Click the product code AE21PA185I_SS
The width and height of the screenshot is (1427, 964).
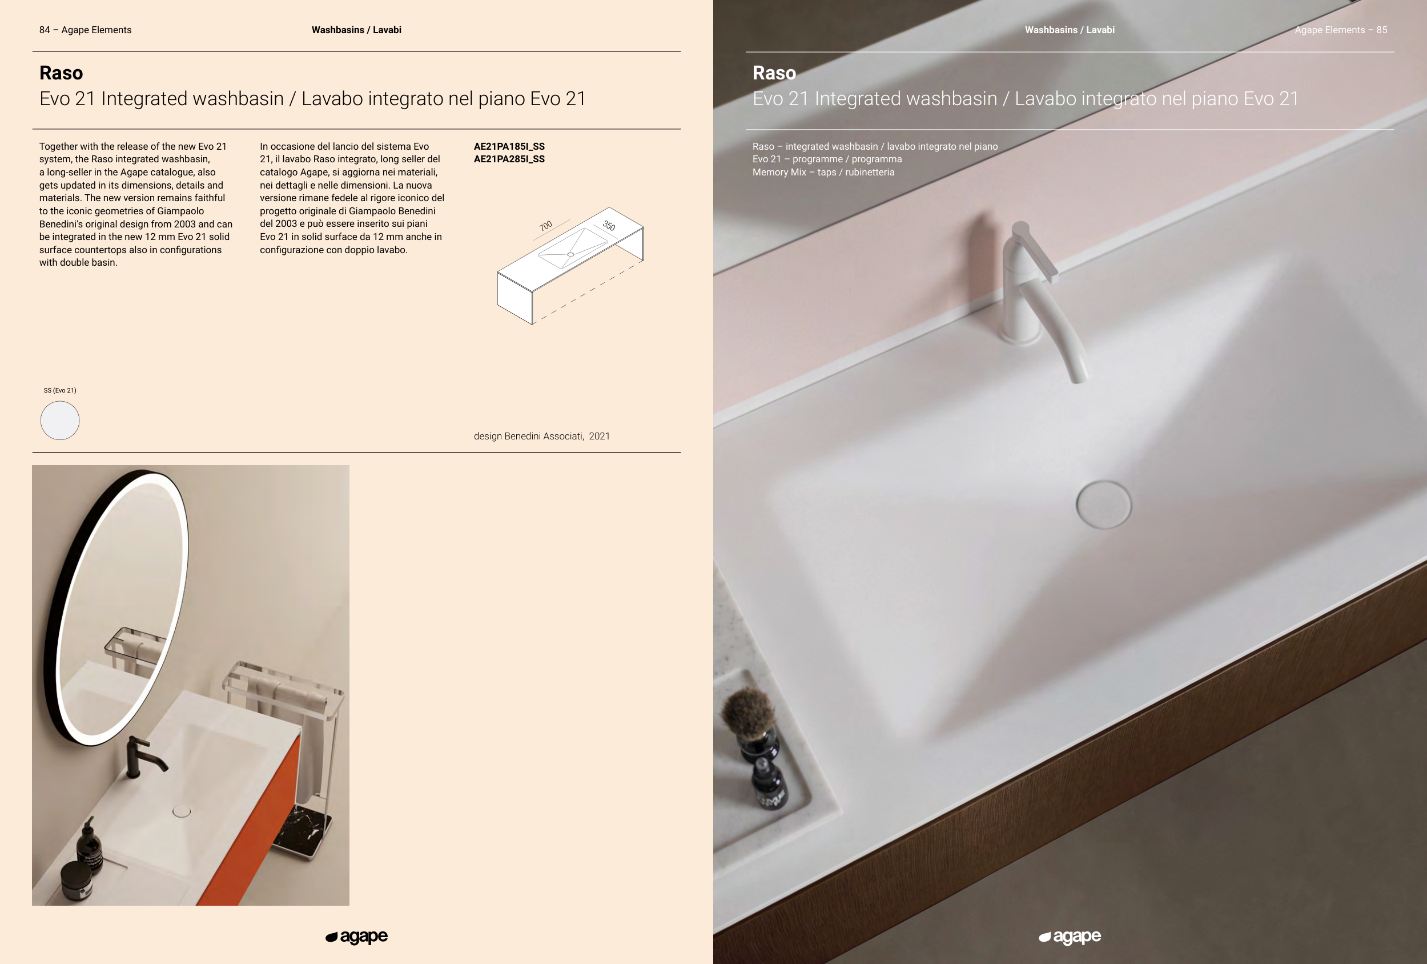509,146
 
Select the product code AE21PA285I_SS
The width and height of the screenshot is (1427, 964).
509,159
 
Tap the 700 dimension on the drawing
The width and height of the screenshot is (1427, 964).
546,226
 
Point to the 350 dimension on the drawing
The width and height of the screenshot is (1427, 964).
609,226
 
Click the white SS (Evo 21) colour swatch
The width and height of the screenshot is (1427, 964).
59,420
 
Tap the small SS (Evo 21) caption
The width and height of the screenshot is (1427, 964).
60,390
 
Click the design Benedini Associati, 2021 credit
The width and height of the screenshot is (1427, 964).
541,436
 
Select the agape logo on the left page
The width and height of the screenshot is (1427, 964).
357,937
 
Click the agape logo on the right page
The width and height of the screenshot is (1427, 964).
1070,937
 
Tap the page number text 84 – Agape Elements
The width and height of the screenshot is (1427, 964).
85,30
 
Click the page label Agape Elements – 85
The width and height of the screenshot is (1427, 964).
1341,30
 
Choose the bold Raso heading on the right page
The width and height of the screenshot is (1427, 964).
774,73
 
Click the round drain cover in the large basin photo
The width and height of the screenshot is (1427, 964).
1103,505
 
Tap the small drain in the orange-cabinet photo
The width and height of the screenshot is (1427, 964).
182,811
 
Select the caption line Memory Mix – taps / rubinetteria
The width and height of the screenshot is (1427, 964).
823,173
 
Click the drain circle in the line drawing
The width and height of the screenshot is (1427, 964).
570,254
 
